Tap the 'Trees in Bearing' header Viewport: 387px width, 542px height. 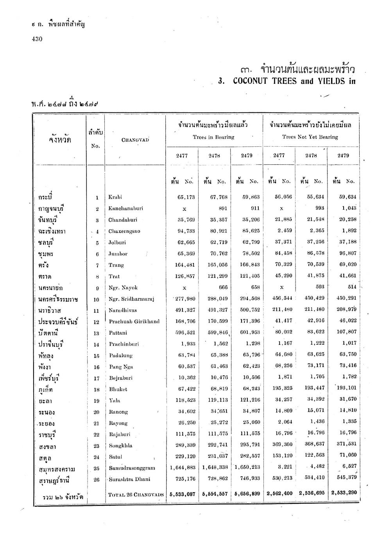point(213,137)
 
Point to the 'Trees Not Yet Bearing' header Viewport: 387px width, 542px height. point(310,137)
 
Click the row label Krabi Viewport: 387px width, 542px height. point(115,197)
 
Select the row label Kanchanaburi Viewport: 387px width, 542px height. point(123,208)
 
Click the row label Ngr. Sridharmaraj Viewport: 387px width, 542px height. point(131,299)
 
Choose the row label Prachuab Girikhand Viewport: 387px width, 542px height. point(134,322)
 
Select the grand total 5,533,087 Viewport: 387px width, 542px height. point(183,494)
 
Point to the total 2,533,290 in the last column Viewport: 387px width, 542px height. point(344,493)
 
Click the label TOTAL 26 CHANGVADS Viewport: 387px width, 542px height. point(136,494)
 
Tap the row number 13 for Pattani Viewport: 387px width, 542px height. point(97,333)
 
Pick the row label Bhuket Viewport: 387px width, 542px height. point(118,389)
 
